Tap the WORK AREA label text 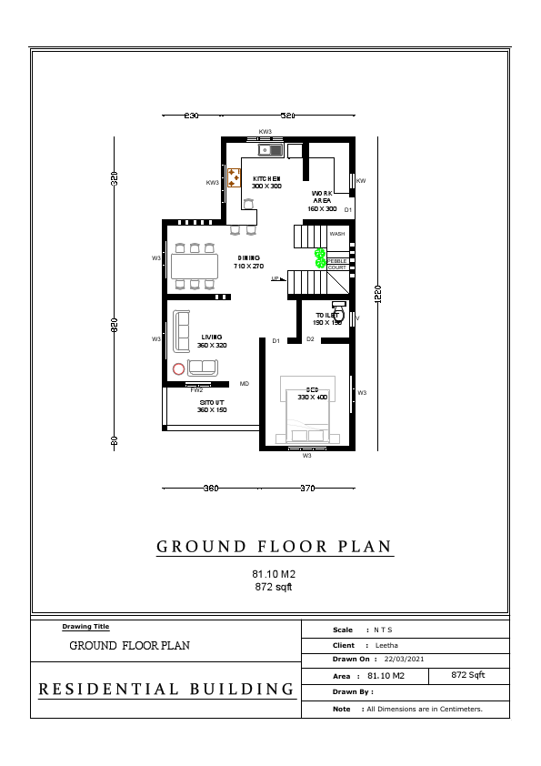coord(322,201)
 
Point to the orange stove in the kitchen coord(234,177)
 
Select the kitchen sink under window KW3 coord(271,149)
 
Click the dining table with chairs coord(194,266)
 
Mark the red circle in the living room coord(178,368)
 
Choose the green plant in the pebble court coord(320,258)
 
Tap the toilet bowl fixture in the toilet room coord(339,307)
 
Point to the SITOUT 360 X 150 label coord(212,406)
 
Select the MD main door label coord(244,384)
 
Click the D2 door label coord(310,339)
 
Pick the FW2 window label coord(196,389)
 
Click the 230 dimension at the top coord(191,116)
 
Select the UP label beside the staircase coord(275,279)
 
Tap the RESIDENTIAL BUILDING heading coord(166,690)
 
